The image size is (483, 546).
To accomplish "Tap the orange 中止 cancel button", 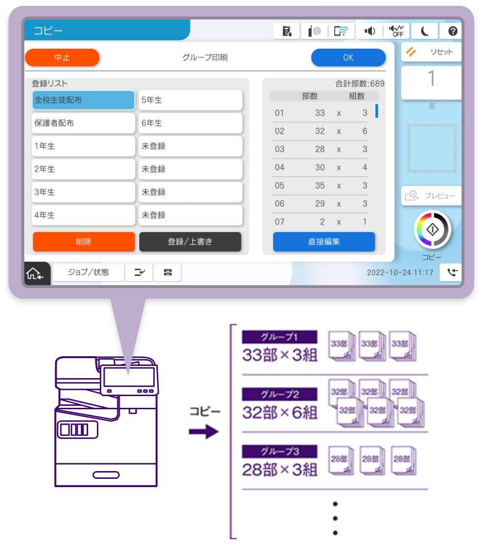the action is tap(62, 57).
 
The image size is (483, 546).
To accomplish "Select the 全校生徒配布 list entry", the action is tap(83, 100).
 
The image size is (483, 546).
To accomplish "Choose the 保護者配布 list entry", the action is tap(83, 123).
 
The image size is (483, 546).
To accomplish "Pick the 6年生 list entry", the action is tap(190, 123).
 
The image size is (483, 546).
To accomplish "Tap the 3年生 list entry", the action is tap(83, 192).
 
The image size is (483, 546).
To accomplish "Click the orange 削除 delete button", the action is tap(84, 242).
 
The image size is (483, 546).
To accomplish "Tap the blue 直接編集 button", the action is tap(324, 242).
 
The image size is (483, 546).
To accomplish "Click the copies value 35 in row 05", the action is tap(320, 185).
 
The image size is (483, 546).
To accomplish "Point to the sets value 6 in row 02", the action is tap(365, 131).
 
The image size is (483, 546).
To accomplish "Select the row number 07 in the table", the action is tap(279, 222).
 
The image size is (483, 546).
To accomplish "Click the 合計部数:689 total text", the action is tap(360, 84).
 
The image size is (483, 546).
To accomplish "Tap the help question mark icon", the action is tap(453, 31).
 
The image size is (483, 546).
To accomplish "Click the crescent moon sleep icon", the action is tap(425, 31).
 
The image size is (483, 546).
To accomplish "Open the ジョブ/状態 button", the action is tap(89, 273).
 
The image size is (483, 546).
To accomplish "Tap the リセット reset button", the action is tap(431, 52).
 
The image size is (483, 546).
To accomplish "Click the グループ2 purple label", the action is tap(280, 394).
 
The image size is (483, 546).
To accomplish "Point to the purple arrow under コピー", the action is tap(204, 432).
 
